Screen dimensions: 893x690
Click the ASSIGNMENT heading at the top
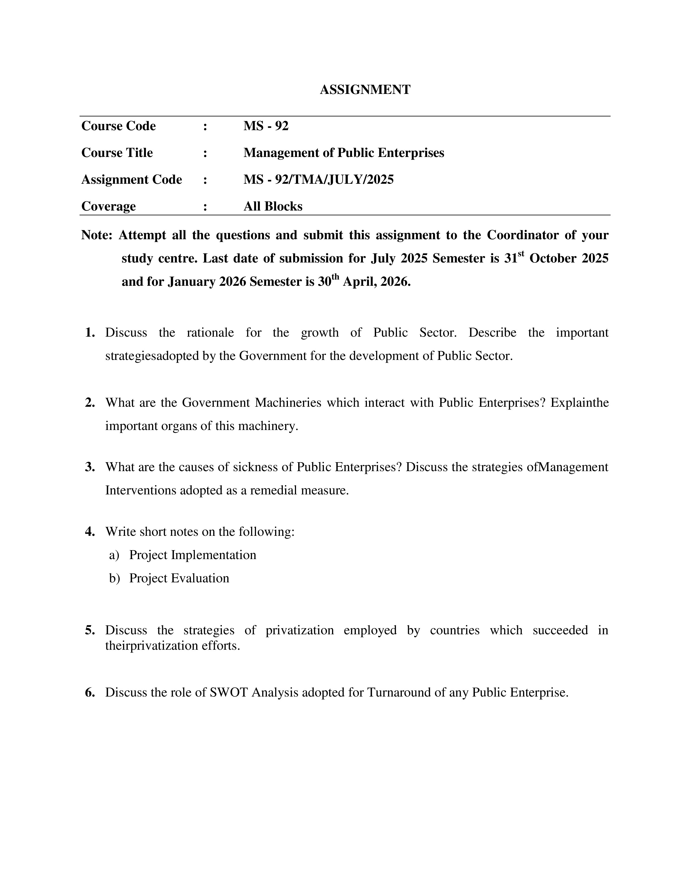click(365, 90)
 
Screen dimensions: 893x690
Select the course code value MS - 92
click(266, 126)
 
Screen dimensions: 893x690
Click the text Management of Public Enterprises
click(343, 153)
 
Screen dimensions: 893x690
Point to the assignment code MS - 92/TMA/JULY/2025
click(318, 179)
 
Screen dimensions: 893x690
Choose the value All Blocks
click(273, 206)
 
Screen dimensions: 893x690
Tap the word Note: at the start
click(97, 235)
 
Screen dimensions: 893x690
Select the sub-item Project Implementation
click(193, 555)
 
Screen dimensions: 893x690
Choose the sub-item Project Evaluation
click(179, 578)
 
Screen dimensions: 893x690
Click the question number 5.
click(90, 630)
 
